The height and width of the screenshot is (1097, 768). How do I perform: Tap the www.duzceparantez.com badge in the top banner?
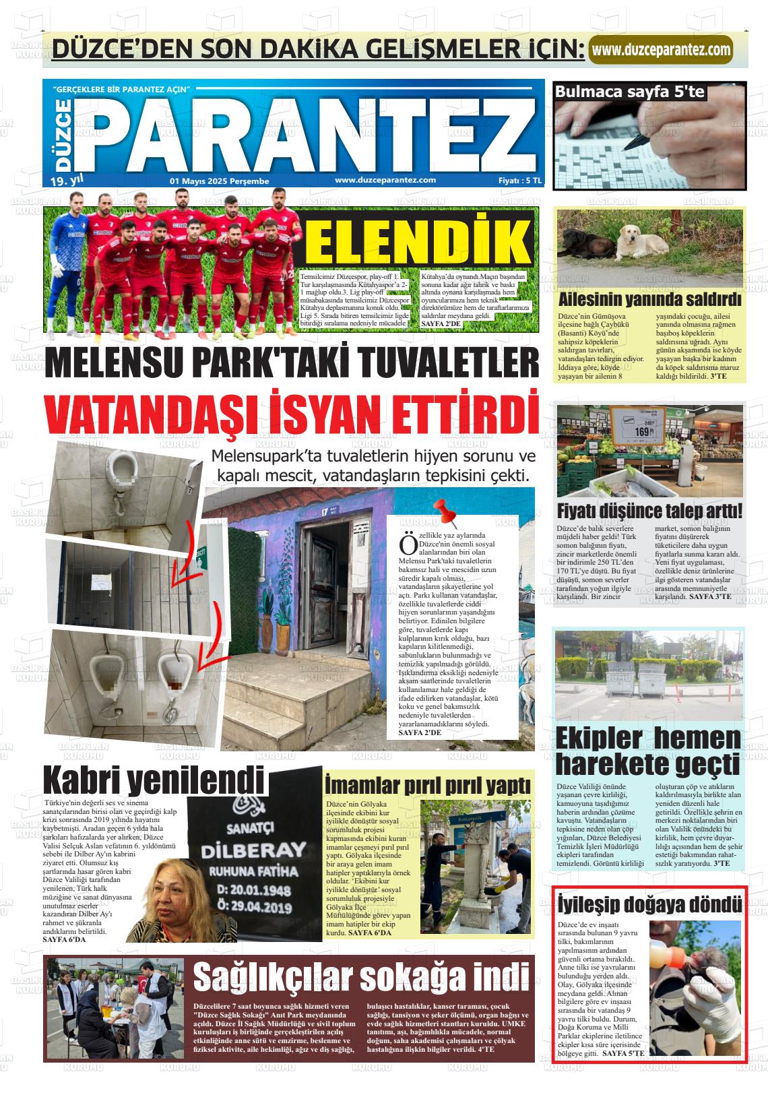coord(661,49)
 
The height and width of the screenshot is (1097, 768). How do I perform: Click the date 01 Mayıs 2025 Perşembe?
coord(220,181)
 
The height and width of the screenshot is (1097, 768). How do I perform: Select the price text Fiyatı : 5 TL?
coord(519,181)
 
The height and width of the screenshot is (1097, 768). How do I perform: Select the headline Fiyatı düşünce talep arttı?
coord(649,510)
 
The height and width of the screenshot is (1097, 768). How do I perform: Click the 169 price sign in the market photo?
coord(646,431)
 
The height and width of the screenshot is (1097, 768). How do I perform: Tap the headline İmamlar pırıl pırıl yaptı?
coord(428,786)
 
